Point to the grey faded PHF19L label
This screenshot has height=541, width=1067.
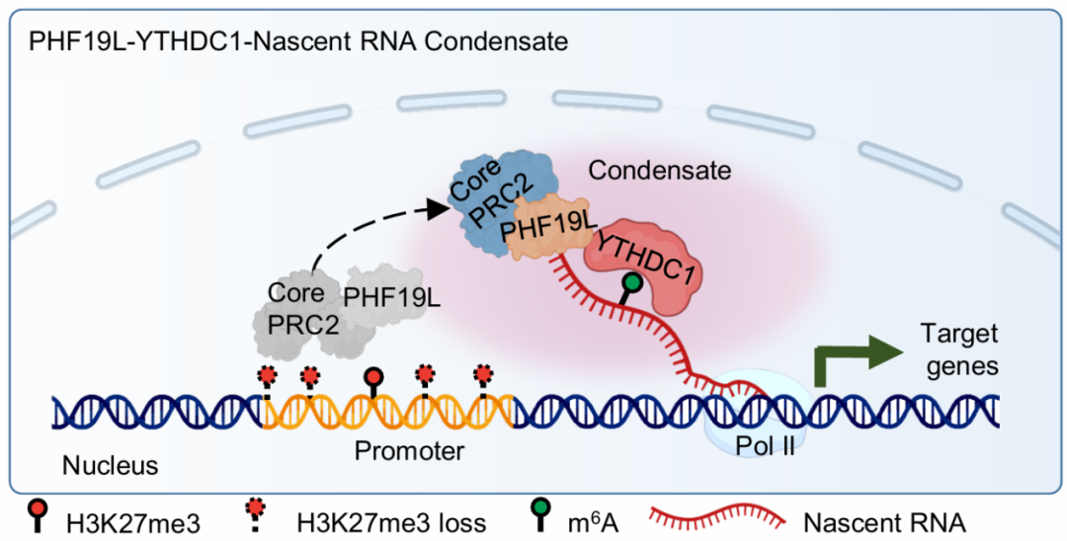click(392, 295)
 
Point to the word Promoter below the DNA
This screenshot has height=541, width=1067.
click(409, 451)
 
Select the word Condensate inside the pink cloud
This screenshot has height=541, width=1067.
click(660, 170)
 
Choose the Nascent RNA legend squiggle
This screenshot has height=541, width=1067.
click(716, 517)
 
